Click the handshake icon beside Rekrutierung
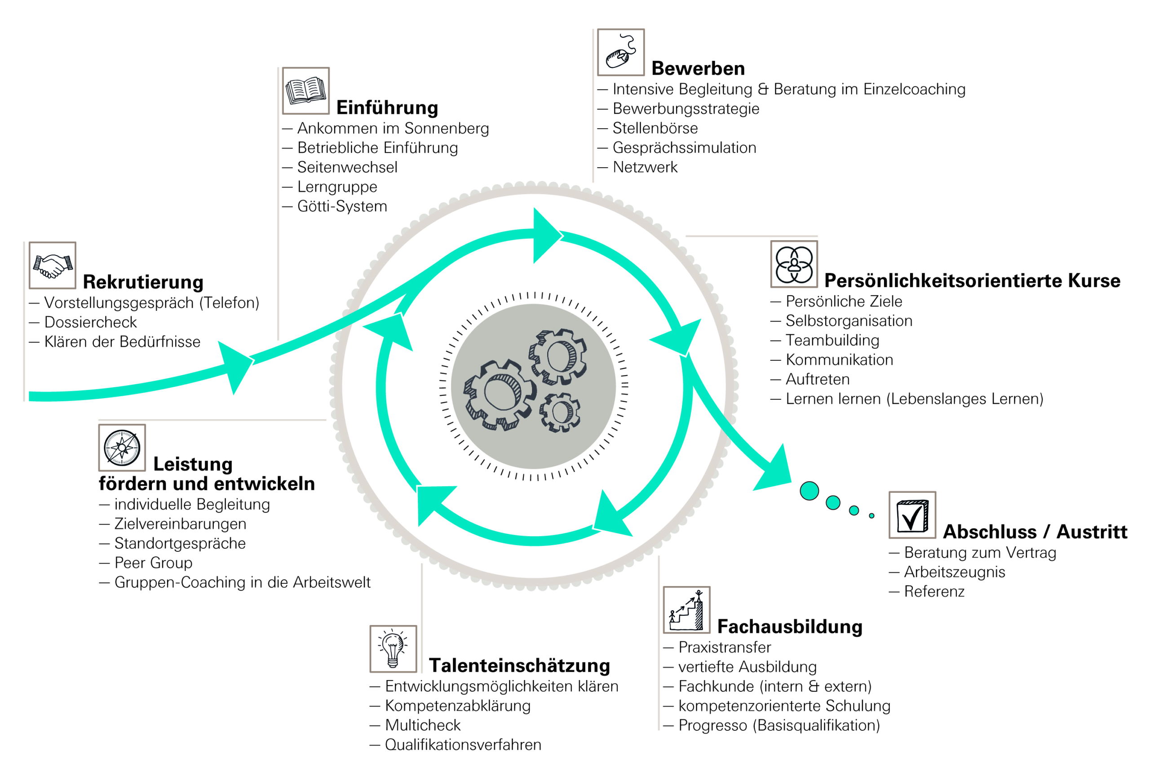click(x=53, y=265)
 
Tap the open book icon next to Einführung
click(x=306, y=91)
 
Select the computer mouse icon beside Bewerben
click(x=620, y=53)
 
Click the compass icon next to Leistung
click(x=122, y=447)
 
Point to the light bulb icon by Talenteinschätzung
click(x=393, y=649)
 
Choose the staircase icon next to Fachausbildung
click(x=686, y=610)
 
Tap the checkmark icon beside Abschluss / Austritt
click(x=912, y=515)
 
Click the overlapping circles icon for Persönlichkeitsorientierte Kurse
click(x=794, y=264)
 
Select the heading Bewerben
click(x=698, y=68)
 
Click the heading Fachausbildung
click(x=790, y=626)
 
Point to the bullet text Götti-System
click(x=342, y=206)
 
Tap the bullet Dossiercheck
click(x=91, y=322)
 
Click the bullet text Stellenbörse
click(x=655, y=128)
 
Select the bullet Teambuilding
click(x=832, y=340)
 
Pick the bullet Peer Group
click(x=153, y=563)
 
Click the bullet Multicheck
click(x=423, y=725)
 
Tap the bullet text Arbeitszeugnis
click(x=955, y=572)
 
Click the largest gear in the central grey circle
click(x=500, y=394)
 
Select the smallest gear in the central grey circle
click(x=560, y=412)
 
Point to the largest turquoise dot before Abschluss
click(x=809, y=491)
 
